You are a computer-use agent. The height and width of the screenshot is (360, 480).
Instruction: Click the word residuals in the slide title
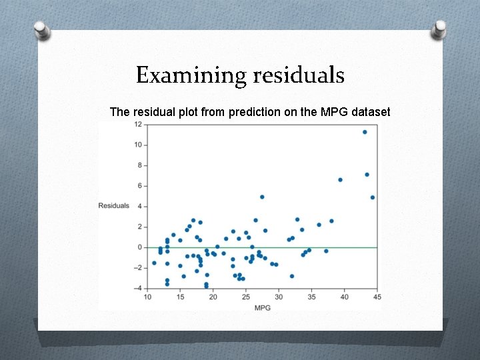pos(299,75)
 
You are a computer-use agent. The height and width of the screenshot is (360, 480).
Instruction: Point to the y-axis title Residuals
pos(114,205)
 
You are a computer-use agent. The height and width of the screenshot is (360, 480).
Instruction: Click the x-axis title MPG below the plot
pos(262,307)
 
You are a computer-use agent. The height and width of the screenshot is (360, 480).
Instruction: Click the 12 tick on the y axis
pos(137,125)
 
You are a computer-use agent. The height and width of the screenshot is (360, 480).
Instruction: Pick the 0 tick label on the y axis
pos(139,247)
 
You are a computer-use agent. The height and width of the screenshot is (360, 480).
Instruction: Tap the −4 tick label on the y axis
pos(137,288)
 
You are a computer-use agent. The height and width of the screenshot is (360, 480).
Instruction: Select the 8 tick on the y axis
pos(139,165)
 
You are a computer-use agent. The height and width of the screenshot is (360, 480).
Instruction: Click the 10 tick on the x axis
pos(147,297)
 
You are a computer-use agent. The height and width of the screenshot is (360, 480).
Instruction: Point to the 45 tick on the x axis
pos(377,297)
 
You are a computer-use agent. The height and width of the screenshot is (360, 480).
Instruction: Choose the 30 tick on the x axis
pos(279,297)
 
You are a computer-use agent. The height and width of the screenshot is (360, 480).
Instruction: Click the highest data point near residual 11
pos(365,132)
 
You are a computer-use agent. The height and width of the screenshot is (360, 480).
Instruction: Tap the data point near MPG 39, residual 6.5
pos(340,180)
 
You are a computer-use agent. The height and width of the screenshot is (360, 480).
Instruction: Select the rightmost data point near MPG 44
pos(373,197)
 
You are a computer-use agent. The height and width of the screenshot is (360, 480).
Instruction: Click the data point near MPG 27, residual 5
pos(262,197)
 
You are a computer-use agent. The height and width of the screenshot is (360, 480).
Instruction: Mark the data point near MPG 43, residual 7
pos(367,175)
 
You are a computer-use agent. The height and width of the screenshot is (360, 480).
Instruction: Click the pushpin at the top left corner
pos(43,31)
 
